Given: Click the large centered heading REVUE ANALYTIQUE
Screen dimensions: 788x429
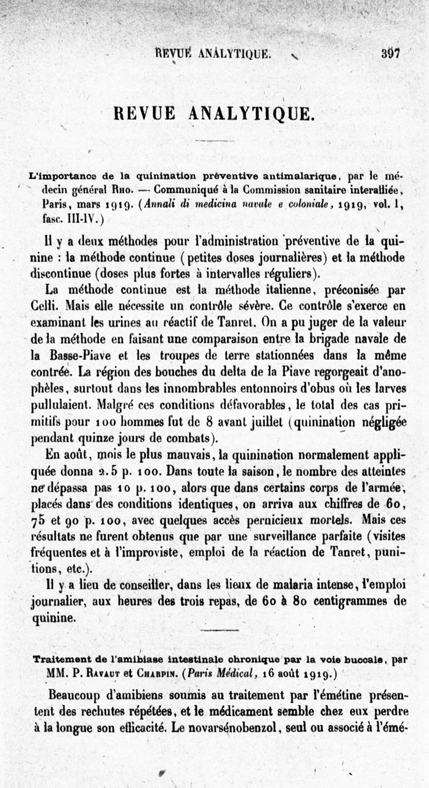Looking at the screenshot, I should pyautogui.click(x=213, y=113).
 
